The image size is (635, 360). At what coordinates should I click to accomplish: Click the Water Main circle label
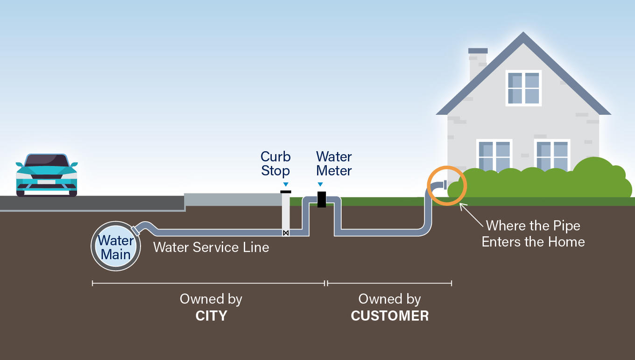(116, 247)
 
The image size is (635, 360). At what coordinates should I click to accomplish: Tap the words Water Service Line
(211, 247)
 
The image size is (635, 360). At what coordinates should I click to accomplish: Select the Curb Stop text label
(275, 163)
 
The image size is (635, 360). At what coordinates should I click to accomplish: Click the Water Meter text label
(334, 163)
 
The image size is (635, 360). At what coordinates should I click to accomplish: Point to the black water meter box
(321, 199)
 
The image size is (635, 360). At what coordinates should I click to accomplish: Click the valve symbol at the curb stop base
(286, 233)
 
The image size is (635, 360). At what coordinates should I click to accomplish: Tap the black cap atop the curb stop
(286, 192)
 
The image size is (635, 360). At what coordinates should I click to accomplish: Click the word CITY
(211, 316)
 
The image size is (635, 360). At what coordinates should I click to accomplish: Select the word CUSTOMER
(390, 316)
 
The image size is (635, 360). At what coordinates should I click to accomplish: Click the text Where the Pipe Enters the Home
(533, 233)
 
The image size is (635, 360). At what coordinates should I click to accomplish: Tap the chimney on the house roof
(478, 63)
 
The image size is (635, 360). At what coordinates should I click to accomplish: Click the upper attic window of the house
(523, 88)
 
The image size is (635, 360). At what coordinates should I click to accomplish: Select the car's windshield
(46, 161)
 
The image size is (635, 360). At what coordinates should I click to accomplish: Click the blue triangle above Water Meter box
(320, 184)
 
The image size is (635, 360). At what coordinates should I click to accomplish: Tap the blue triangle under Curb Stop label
(285, 184)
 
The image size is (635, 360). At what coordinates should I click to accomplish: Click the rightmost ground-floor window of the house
(552, 156)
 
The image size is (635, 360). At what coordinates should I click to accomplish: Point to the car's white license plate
(46, 182)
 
